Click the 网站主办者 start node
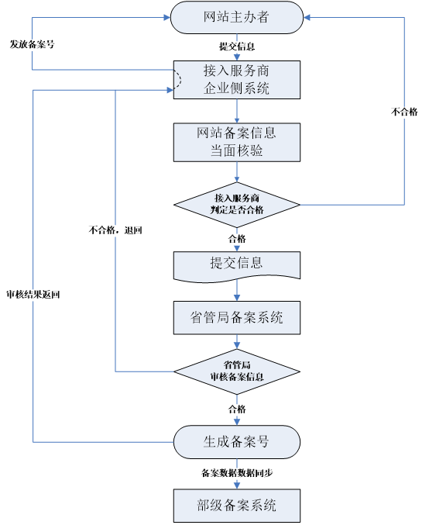[x=236, y=18]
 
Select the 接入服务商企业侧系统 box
[x=236, y=79]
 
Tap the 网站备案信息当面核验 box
[x=236, y=142]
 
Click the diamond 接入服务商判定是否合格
[x=236, y=205]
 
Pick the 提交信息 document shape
[x=236, y=264]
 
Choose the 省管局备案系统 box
[x=236, y=317]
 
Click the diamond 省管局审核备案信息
[x=236, y=371]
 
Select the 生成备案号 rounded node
[x=236, y=441]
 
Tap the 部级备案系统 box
[x=236, y=506]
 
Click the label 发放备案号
[x=32, y=44]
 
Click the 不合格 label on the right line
[x=404, y=112]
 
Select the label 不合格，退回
[x=115, y=230]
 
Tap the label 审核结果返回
[x=33, y=295]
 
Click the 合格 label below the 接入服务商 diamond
[x=237, y=238]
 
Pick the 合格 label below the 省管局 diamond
[x=237, y=409]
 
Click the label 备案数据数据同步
[x=237, y=472]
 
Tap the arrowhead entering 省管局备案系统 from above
[x=236, y=298]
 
